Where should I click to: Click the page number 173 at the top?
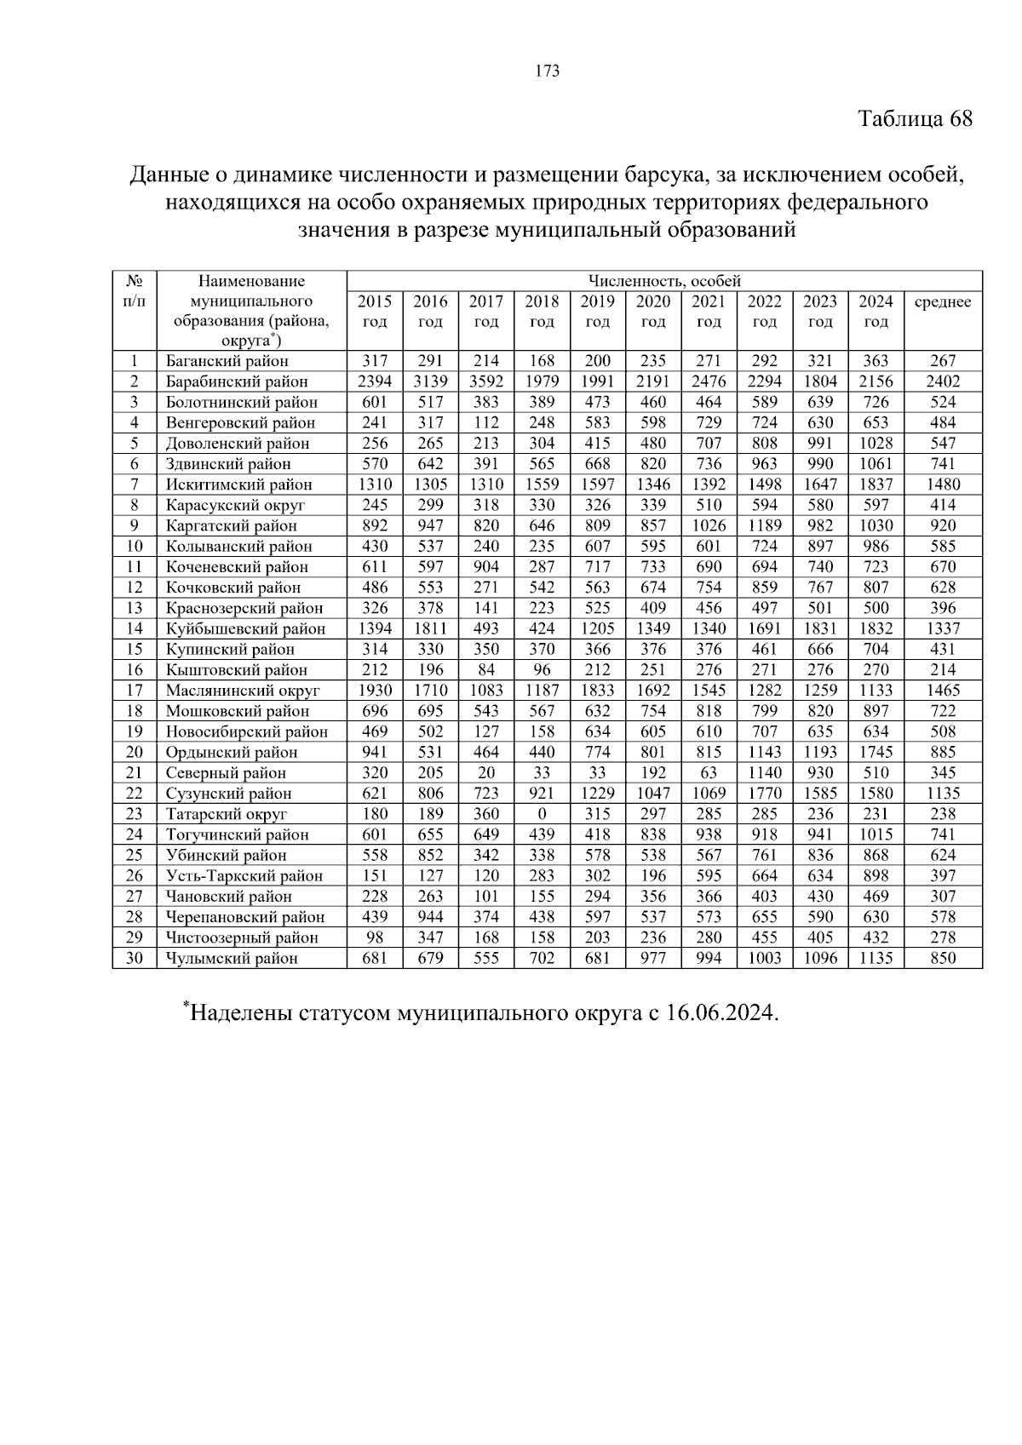point(548,72)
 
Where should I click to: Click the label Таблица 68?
point(915,118)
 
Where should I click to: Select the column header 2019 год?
point(597,312)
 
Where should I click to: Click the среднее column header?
point(942,302)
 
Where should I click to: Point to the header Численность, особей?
point(664,281)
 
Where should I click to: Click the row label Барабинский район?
point(237,381)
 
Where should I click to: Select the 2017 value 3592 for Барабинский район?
point(486,381)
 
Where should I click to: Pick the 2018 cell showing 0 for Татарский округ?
point(542,814)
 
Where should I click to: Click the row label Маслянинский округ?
point(243,691)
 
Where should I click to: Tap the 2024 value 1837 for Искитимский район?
point(876,485)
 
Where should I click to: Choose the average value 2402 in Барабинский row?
point(943,381)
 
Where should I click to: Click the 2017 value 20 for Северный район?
point(486,773)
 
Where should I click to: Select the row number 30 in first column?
point(135,958)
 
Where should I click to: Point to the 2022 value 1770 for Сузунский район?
point(765,794)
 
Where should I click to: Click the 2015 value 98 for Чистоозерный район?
point(375,938)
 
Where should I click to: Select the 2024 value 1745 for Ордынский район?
point(876,753)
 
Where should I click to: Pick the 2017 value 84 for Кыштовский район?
point(486,670)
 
